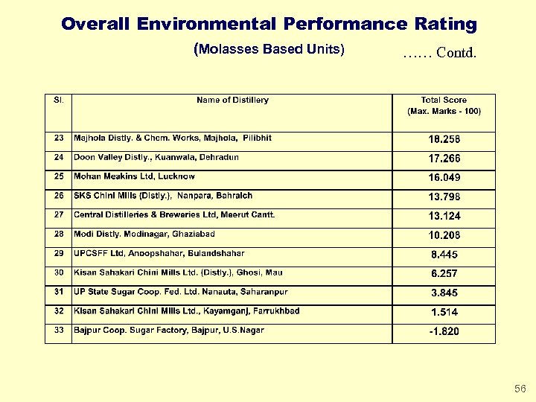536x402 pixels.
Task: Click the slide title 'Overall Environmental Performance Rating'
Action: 269,24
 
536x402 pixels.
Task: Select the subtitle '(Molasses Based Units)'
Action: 269,50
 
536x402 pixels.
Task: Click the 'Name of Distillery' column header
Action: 232,100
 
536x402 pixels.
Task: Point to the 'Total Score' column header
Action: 444,105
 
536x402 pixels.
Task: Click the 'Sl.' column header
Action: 58,100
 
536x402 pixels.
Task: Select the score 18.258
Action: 444,139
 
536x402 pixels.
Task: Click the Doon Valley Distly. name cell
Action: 156,157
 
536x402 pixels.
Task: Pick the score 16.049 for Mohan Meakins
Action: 444,178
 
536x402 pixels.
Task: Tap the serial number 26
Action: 58,196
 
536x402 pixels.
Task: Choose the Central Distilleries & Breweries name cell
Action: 174,214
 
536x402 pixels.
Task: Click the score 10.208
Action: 444,235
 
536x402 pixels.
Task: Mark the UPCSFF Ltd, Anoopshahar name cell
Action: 159,253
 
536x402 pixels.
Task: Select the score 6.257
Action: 444,274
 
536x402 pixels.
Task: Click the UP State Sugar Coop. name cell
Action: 180,292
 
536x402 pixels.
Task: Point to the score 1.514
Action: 444,313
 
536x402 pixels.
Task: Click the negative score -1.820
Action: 444,332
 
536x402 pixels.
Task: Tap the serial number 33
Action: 58,330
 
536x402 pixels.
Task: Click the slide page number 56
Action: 520,389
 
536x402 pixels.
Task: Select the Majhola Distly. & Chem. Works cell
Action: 173,138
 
